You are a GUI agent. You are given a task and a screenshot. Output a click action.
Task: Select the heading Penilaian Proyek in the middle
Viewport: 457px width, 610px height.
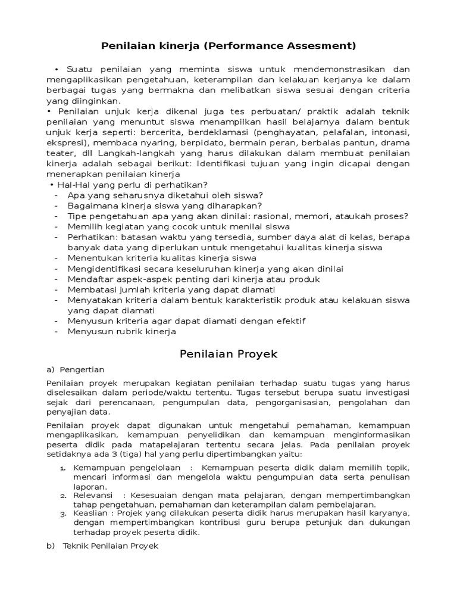tap(228, 354)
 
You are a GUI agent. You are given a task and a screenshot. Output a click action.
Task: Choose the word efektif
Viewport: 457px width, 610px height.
tap(287, 321)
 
